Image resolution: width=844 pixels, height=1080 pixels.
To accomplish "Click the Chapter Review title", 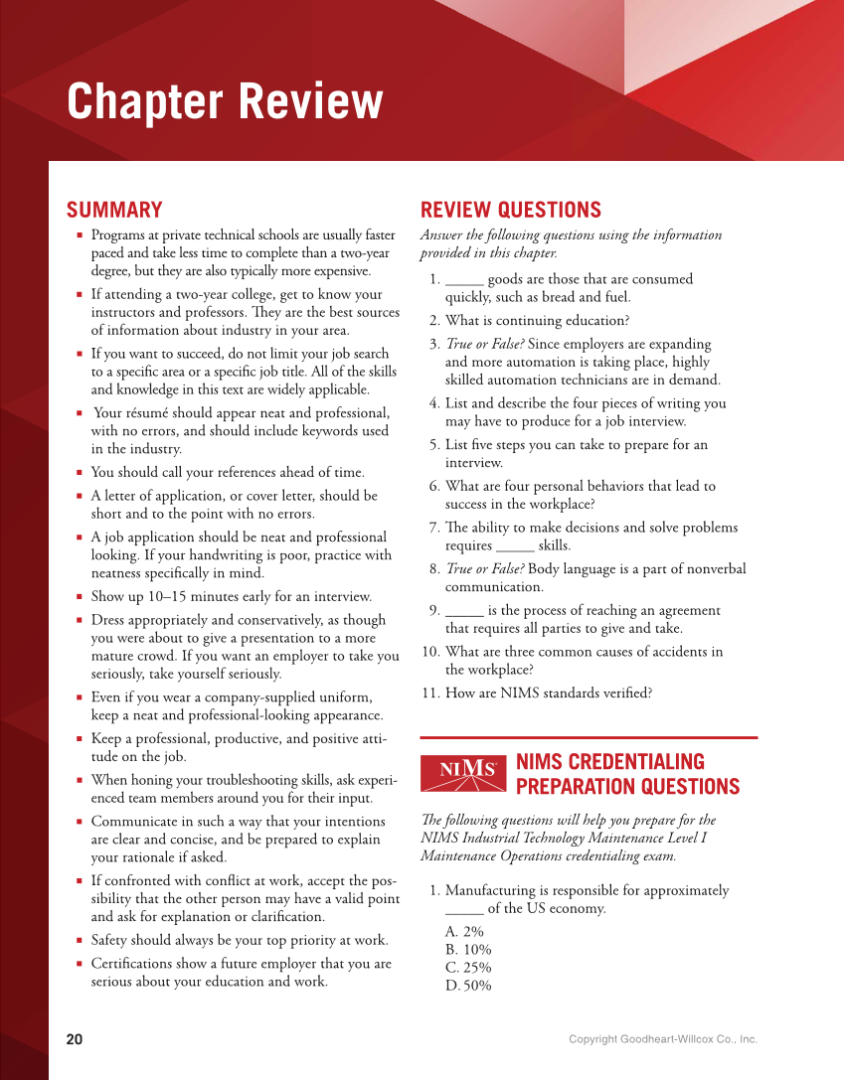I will coord(225,101).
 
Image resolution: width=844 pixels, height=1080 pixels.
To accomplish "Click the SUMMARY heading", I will coord(114,210).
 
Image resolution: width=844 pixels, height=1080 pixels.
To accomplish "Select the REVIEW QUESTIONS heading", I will coord(510,210).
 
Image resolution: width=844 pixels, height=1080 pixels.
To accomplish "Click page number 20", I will coord(75,1039).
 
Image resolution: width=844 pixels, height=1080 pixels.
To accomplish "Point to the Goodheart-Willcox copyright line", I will coord(662,1039).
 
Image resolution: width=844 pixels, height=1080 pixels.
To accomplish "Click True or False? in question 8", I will coord(484,569).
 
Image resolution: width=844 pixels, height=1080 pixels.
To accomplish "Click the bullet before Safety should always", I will coord(80,940).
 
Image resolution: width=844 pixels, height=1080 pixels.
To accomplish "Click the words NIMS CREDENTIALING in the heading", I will coord(610,762).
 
